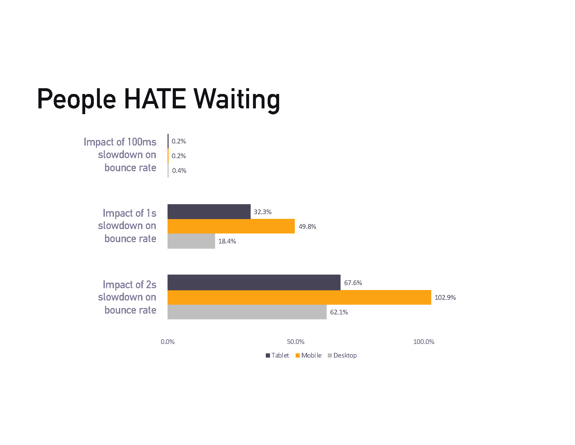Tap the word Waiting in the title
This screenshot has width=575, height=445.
tap(237, 100)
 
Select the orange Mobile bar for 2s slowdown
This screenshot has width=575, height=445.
tap(299, 297)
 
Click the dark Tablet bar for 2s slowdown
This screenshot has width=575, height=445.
tap(254, 282)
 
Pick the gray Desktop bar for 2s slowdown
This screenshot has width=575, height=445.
tap(247, 312)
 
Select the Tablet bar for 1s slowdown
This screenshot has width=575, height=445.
tap(209, 212)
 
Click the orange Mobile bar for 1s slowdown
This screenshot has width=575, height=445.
tap(231, 226)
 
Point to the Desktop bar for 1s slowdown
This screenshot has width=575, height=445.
tap(191, 241)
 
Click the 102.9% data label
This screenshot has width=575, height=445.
tap(445, 297)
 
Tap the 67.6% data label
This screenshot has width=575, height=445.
tap(353, 283)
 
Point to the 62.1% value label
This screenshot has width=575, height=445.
tap(339, 312)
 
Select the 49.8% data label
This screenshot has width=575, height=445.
tap(307, 226)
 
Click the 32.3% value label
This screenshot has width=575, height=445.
tap(262, 212)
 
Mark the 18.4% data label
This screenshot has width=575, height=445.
tap(227, 241)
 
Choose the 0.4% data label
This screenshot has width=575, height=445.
tap(179, 171)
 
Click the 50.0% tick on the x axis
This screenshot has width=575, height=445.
tap(295, 342)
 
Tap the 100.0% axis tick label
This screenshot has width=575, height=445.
tap(424, 342)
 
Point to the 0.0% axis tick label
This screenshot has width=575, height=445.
tap(168, 342)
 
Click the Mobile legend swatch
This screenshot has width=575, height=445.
tap(298, 355)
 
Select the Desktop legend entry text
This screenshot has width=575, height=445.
tap(345, 355)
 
